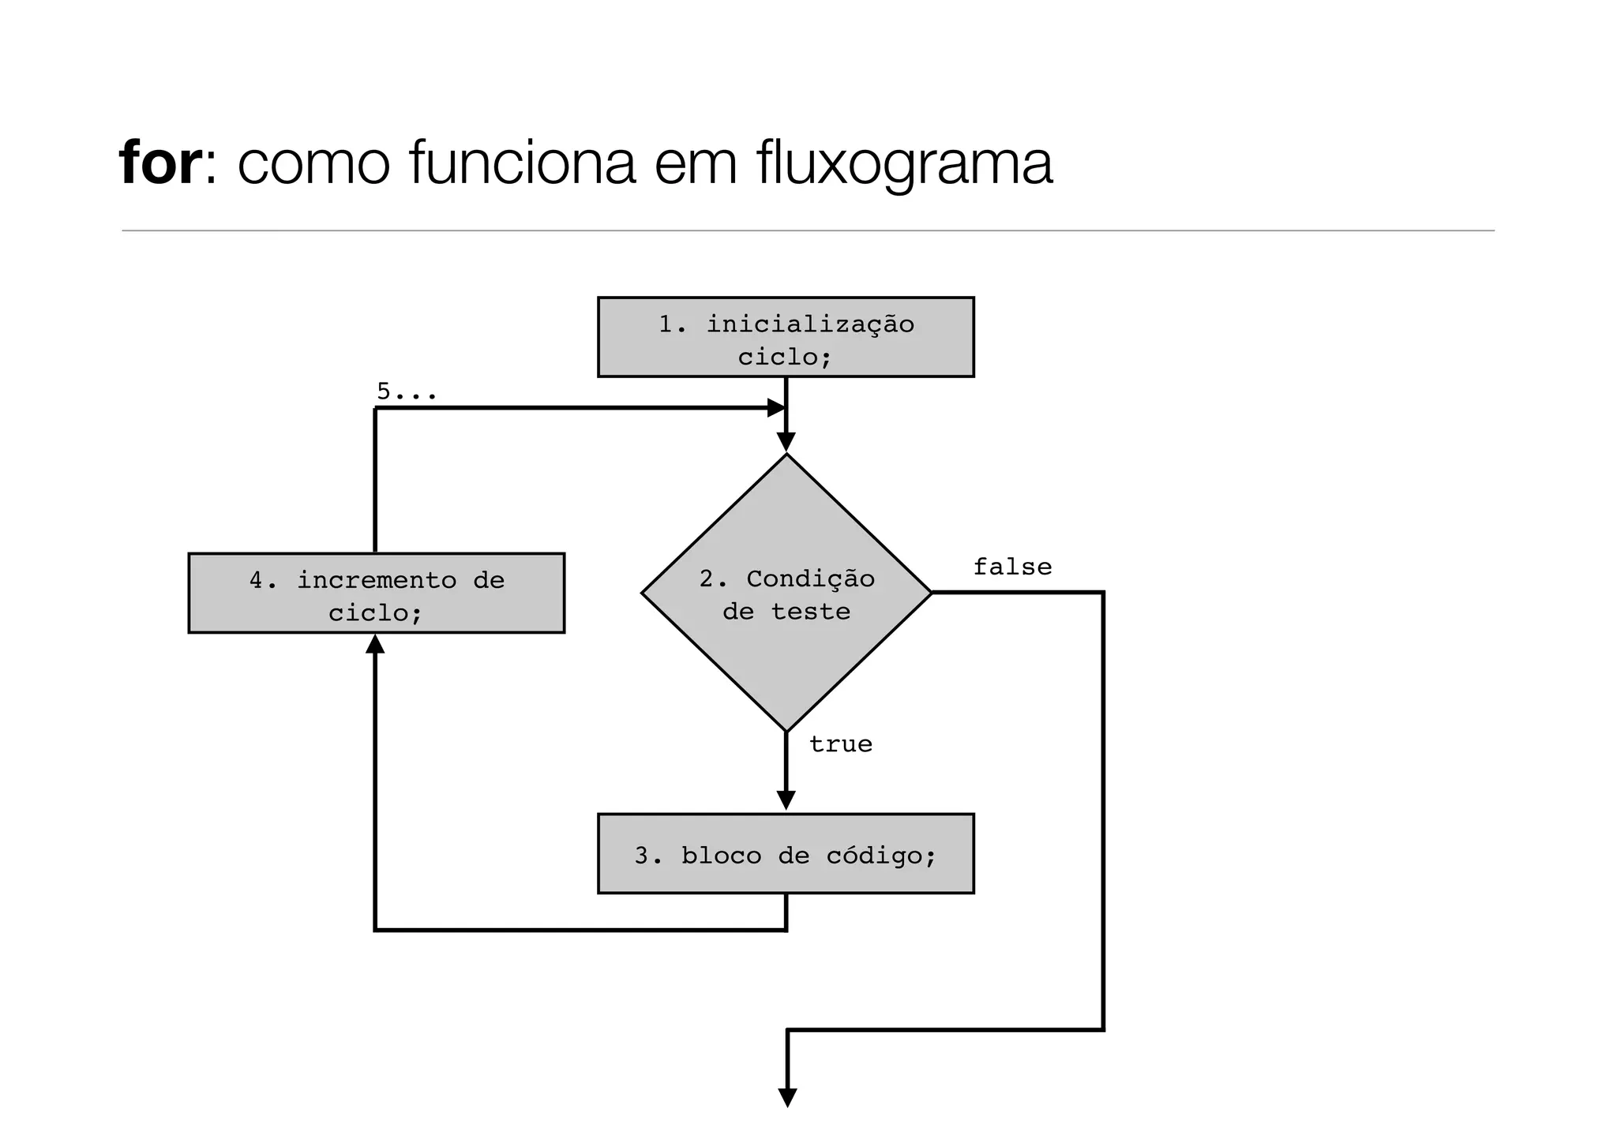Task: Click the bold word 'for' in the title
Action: click(x=160, y=163)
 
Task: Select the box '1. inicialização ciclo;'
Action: click(x=785, y=338)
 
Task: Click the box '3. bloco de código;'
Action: click(x=785, y=854)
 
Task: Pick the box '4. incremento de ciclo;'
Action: click(x=376, y=593)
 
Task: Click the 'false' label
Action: click(x=1011, y=567)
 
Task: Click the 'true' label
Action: click(x=840, y=744)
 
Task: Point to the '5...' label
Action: click(x=406, y=391)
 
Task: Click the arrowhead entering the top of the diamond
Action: click(x=786, y=442)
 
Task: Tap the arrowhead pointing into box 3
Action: click(x=786, y=800)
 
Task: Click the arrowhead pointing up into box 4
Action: click(x=376, y=644)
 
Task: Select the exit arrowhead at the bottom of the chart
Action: click(x=787, y=1097)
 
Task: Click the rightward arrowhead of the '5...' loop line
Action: click(x=776, y=408)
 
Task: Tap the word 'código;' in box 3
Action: click(x=880, y=856)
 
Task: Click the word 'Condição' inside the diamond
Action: click(x=810, y=578)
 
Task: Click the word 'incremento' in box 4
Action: click(x=376, y=580)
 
